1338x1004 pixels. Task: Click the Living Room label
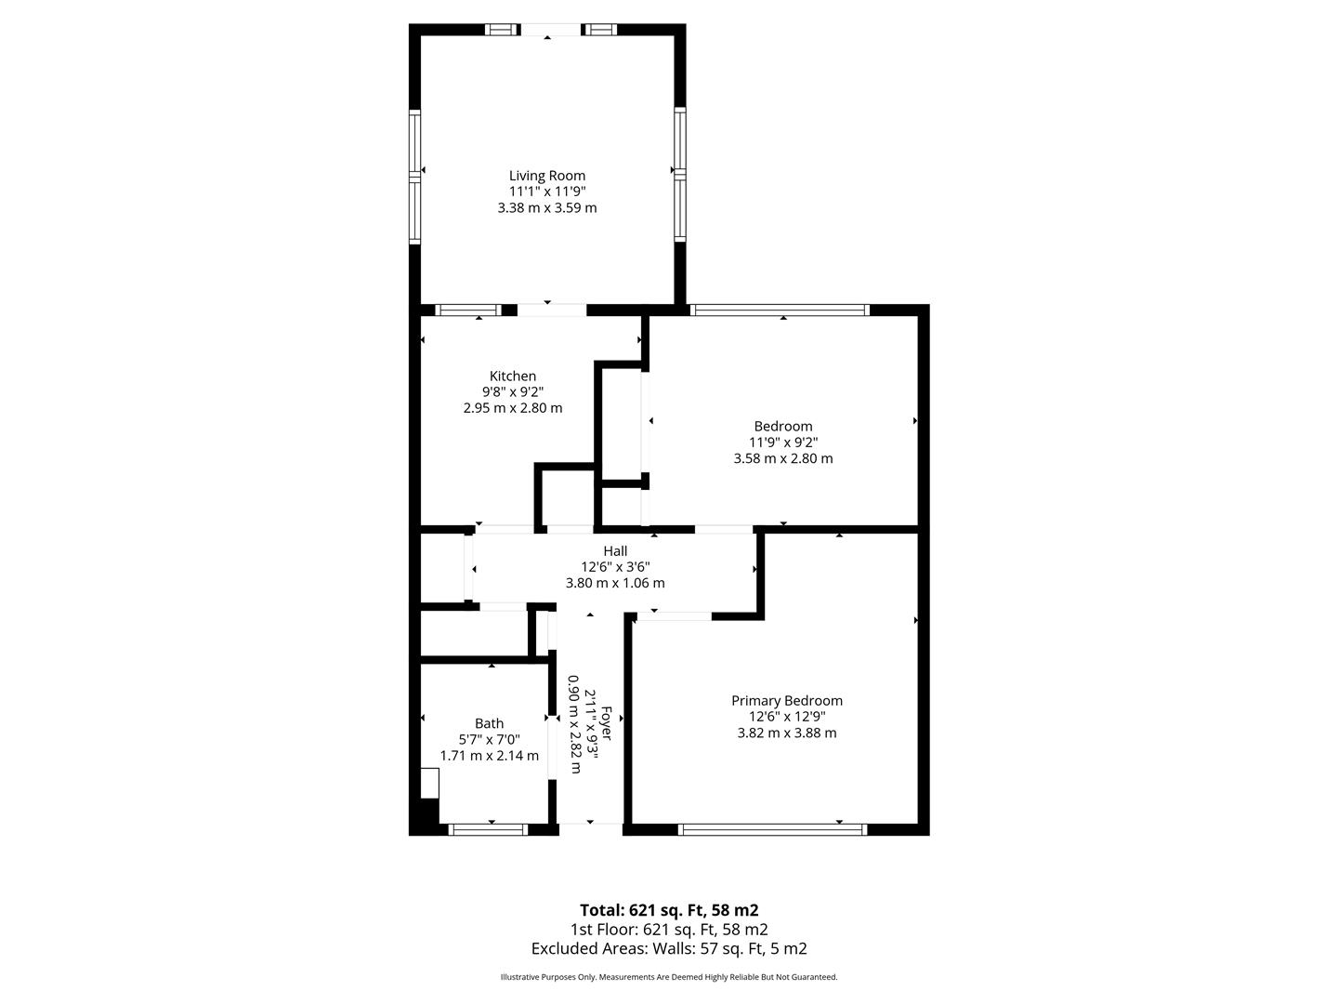(x=546, y=177)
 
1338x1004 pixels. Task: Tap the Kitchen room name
(x=513, y=376)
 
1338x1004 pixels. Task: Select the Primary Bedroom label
(x=786, y=701)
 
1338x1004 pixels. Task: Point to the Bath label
(x=489, y=723)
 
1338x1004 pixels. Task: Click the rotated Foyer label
(x=606, y=723)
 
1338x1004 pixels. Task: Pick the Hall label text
(x=615, y=551)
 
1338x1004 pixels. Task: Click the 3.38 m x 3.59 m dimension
(x=546, y=208)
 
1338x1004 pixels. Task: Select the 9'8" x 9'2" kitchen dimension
(x=513, y=392)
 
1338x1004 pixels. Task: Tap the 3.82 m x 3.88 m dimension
(x=786, y=733)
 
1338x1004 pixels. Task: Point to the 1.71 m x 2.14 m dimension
(x=489, y=756)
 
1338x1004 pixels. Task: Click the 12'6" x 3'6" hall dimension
(x=615, y=567)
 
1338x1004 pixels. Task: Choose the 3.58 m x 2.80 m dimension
(x=782, y=458)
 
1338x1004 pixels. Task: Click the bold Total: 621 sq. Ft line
(x=669, y=910)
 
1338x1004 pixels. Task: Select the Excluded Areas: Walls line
(x=669, y=948)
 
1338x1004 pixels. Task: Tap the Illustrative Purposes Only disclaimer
(x=669, y=977)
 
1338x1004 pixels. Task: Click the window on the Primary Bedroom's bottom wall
(x=772, y=829)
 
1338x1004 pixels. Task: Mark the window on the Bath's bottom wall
(x=488, y=829)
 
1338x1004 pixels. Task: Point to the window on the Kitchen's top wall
(x=468, y=310)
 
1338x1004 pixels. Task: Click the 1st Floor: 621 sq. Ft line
(x=669, y=929)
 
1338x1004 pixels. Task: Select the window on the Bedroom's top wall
(x=780, y=310)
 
